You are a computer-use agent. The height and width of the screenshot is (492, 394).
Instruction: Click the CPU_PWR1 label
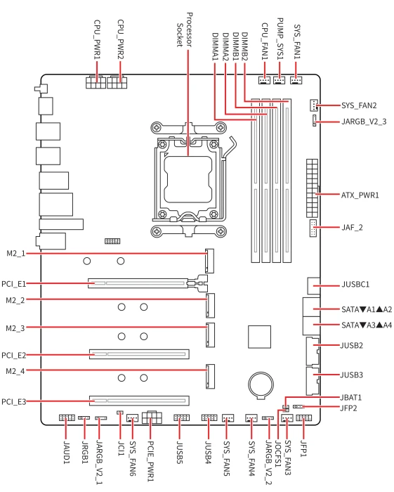click(x=97, y=39)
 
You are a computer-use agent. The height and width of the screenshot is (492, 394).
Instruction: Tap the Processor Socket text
click(x=184, y=30)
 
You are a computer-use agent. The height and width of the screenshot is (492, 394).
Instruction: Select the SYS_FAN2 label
click(x=359, y=105)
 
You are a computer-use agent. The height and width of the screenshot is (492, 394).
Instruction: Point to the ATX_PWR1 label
click(x=360, y=195)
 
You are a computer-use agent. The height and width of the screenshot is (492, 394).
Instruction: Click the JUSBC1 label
click(x=355, y=285)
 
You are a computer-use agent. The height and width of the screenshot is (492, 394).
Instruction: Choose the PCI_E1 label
click(x=13, y=284)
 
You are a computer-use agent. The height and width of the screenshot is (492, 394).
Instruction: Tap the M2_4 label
click(x=15, y=371)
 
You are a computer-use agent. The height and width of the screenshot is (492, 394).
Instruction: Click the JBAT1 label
click(x=350, y=398)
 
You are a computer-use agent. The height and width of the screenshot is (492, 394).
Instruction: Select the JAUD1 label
click(x=67, y=452)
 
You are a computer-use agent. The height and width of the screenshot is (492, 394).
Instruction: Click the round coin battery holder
click(x=261, y=384)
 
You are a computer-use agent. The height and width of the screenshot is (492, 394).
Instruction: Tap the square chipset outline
click(x=260, y=337)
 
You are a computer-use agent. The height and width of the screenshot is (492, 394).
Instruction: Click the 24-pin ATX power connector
click(x=313, y=188)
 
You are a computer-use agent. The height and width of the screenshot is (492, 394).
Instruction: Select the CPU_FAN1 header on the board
click(x=264, y=80)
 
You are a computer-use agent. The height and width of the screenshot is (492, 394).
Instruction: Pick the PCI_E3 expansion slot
click(x=139, y=401)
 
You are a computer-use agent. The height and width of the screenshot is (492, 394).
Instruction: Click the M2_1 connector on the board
click(x=210, y=261)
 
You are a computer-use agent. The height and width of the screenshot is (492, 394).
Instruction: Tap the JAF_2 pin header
click(x=313, y=228)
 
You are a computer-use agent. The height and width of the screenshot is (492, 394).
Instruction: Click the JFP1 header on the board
click(x=303, y=418)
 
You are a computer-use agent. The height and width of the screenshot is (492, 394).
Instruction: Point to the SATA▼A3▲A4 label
click(x=367, y=325)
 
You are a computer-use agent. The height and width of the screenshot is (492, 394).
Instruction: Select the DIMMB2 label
click(x=245, y=46)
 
